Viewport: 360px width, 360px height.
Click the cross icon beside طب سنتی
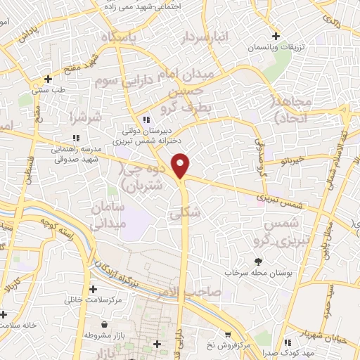(48, 79)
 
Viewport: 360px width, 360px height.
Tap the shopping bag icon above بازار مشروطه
(105, 325)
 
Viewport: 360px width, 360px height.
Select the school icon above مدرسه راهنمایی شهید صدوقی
(75, 137)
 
